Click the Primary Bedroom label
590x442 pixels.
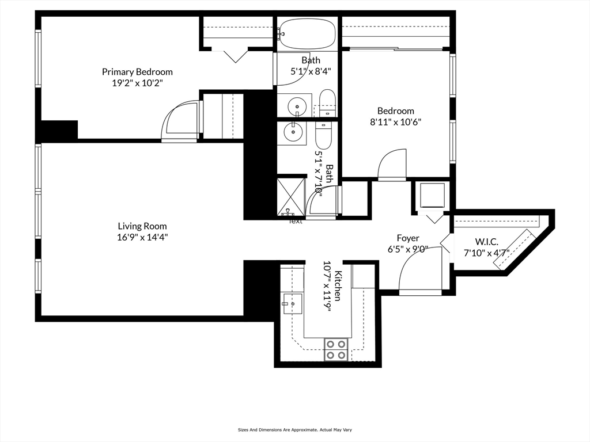click(137, 72)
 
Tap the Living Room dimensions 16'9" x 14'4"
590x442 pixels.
click(143, 237)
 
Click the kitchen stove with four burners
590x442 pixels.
click(336, 349)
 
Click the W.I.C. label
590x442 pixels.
click(486, 242)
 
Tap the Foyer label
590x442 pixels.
click(408, 238)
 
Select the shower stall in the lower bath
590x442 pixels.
click(290, 196)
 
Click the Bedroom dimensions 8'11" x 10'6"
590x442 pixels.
click(395, 121)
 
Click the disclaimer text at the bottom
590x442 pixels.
click(294, 429)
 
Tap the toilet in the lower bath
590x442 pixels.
click(324, 134)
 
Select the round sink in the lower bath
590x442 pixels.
click(293, 132)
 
